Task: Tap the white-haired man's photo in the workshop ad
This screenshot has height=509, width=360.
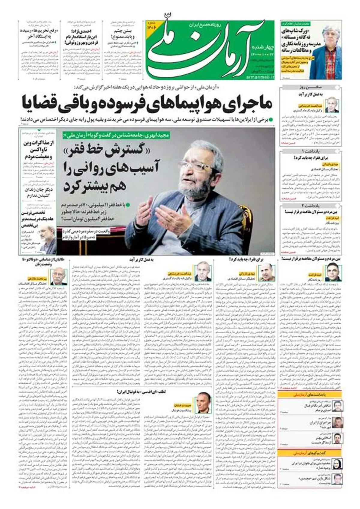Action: [x=331, y=45]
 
